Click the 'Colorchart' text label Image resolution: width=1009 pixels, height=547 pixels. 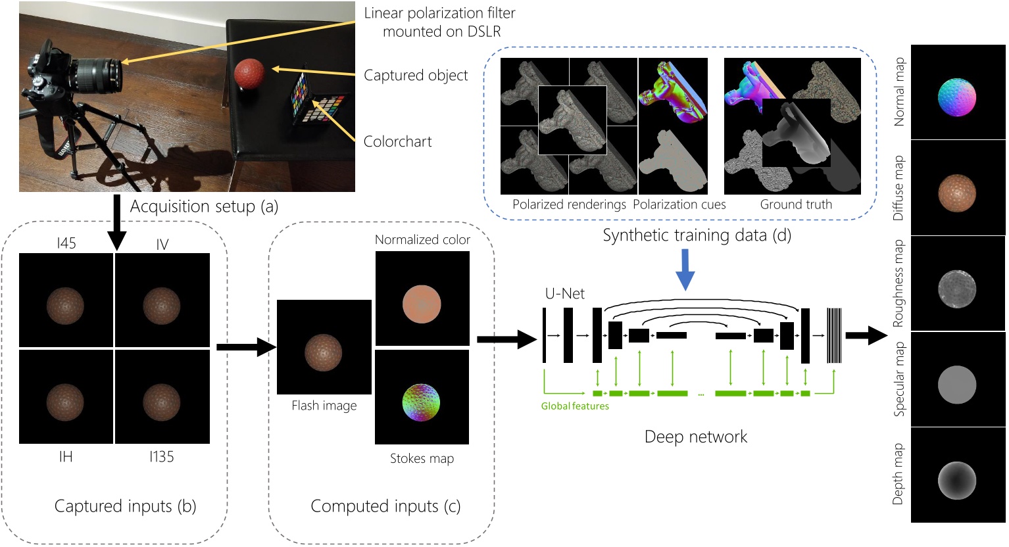[397, 141]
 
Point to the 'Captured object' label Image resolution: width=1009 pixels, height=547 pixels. [416, 76]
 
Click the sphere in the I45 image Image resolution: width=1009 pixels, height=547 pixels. [66, 306]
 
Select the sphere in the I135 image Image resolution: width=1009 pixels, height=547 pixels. [162, 402]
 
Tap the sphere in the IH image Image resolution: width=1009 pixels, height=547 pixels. [66, 402]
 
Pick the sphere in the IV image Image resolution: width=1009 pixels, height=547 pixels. [162, 306]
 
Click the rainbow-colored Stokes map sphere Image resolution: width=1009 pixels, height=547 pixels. [421, 402]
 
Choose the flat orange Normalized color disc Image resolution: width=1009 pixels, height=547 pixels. [421, 304]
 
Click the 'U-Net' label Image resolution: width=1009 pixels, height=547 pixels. [564, 294]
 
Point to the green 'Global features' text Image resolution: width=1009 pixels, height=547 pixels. [574, 406]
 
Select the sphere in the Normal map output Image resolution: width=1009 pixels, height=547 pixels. [957, 97]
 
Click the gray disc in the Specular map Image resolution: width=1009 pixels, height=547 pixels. [957, 385]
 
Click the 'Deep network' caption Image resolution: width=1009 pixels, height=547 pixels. [695, 437]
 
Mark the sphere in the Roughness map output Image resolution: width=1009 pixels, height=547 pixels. [957, 289]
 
